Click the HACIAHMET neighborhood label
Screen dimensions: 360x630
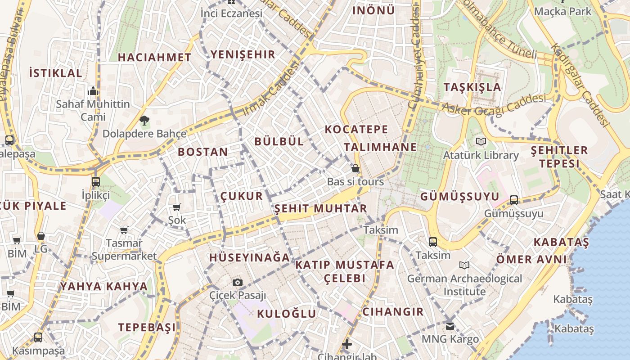click(154, 58)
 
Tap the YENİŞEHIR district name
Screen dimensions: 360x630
click(243, 55)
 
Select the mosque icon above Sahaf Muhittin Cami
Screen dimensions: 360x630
click(93, 91)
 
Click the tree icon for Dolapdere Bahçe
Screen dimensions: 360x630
click(144, 121)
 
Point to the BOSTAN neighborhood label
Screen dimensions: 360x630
click(203, 152)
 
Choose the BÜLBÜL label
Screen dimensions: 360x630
click(279, 141)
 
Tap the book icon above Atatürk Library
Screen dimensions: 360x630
click(481, 142)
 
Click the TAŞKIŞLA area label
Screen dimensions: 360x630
click(472, 87)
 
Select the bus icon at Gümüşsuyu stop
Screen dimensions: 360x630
click(514, 200)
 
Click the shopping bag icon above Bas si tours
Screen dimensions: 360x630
click(355, 169)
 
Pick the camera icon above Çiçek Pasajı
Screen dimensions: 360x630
click(238, 283)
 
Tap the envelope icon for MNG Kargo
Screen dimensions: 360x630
click(450, 326)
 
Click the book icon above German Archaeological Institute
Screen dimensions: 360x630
click(464, 265)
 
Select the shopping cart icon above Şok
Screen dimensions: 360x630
click(177, 207)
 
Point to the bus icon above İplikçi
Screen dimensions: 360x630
click(96, 182)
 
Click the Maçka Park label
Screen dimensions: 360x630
click(562, 11)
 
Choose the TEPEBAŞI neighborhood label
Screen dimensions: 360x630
click(147, 328)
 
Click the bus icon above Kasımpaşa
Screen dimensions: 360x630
click(38, 337)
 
